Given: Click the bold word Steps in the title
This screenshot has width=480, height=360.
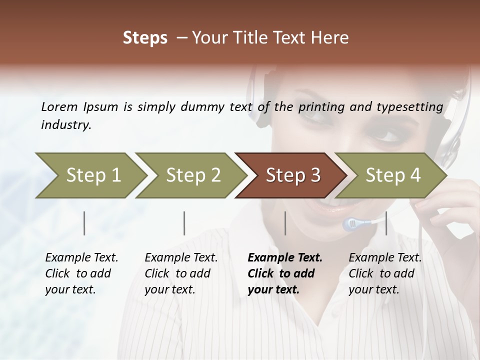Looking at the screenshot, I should [145, 38].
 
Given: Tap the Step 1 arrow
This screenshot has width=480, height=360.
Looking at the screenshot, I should [90, 175].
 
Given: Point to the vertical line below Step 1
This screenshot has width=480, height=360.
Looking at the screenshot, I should [84, 223].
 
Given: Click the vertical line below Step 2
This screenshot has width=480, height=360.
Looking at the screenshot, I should [184, 223].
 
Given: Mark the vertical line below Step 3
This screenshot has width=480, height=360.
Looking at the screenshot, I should [285, 223].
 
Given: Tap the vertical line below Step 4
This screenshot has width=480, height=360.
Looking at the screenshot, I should [386, 223].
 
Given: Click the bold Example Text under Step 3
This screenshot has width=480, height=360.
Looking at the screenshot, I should [285, 258].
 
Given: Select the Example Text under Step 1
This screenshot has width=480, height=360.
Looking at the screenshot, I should [81, 258].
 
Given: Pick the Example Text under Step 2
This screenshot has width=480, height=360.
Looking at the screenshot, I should [181, 258].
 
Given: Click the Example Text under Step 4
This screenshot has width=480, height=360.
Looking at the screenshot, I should [385, 258].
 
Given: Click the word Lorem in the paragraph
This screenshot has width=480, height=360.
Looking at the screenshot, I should [59, 106].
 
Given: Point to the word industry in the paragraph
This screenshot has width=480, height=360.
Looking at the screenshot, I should [66, 125].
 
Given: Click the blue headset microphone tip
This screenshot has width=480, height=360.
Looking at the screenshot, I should [350, 224].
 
